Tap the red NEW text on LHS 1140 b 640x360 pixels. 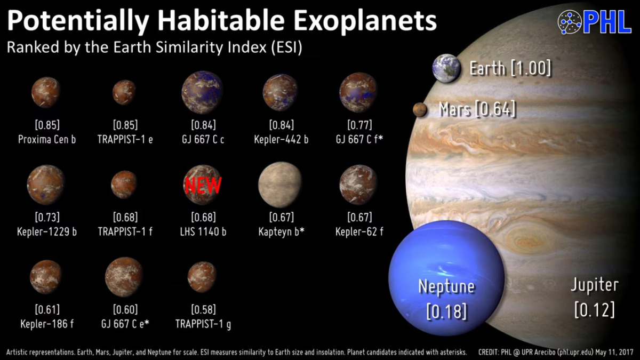(203, 185)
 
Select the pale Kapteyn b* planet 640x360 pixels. (280, 185)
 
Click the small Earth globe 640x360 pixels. (446, 68)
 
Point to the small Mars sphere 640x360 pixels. (420, 110)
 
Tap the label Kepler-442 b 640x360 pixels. (281, 140)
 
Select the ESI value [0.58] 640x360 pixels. (203, 309)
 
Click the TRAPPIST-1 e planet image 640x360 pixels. (125, 92)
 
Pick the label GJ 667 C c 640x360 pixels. (203, 140)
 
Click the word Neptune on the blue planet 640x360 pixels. (446, 287)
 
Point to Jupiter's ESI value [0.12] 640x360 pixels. (594, 309)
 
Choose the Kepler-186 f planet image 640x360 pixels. (46, 277)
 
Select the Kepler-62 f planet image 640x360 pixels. (358, 185)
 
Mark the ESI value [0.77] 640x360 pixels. (359, 126)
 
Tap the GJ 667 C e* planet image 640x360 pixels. (124, 276)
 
